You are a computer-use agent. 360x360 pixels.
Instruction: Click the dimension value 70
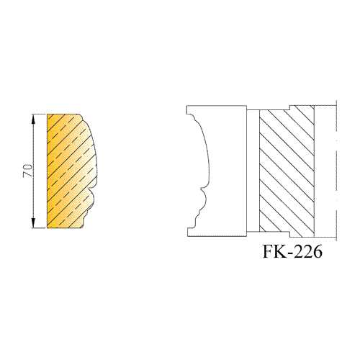tap(27, 171)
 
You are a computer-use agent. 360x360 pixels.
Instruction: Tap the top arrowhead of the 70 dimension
tap(33, 119)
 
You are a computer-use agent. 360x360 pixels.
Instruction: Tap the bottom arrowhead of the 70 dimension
tap(33, 223)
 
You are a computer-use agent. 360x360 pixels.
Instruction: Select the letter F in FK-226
tap(269, 251)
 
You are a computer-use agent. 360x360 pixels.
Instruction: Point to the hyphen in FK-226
tap(291, 253)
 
